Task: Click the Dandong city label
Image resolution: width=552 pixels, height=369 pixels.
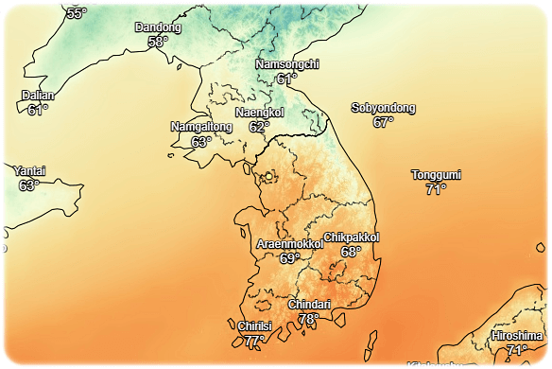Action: tap(158, 27)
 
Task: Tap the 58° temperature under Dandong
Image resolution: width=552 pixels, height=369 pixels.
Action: tap(158, 42)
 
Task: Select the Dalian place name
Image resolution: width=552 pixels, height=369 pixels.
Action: tap(38, 96)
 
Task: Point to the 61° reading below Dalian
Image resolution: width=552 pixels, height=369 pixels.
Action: tap(38, 110)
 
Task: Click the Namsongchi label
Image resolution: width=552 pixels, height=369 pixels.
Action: tap(287, 64)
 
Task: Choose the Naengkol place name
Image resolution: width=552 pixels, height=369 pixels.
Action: tap(259, 113)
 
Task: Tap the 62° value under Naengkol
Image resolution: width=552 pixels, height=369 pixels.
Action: tap(259, 127)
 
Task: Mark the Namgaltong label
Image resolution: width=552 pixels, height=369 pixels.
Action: tap(201, 127)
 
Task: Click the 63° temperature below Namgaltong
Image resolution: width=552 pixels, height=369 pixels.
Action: tap(201, 142)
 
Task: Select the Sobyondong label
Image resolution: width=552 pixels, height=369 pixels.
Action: tap(383, 108)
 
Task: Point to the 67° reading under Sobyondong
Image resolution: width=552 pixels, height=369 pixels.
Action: tap(383, 122)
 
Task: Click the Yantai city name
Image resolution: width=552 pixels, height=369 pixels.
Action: tap(29, 171)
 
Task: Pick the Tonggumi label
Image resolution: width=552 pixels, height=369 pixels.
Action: tap(436, 175)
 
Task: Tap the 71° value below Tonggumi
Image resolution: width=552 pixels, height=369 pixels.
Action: tap(436, 189)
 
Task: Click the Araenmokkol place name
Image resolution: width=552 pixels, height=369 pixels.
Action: tap(290, 244)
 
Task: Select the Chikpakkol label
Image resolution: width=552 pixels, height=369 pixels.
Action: tap(352, 237)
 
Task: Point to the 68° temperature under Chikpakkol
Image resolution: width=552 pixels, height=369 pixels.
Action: tap(352, 252)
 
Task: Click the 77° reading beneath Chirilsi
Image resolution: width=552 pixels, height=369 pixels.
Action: tap(254, 341)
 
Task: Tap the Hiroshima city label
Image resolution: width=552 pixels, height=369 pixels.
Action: tap(517, 336)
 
